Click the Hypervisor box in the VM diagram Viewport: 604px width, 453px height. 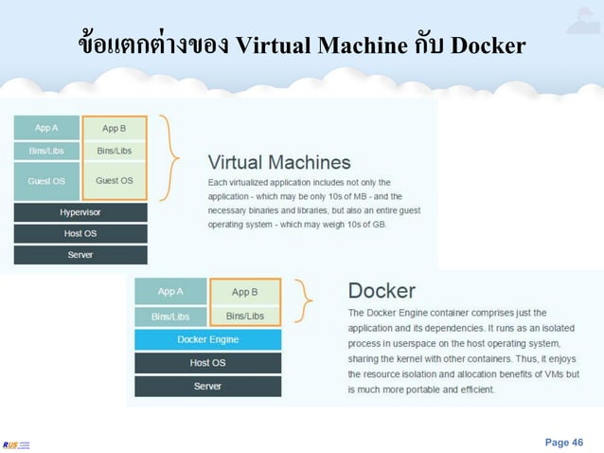click(80, 213)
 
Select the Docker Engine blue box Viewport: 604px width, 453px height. click(207, 339)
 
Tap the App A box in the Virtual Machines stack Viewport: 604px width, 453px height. click(46, 128)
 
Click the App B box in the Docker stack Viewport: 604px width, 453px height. click(244, 292)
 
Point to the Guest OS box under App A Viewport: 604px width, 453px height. click(46, 180)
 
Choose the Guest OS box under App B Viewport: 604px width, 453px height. click(115, 180)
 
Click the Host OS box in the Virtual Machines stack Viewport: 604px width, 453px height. click(80, 234)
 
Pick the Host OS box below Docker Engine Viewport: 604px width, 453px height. click(207, 363)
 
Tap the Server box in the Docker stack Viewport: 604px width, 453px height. click(207, 387)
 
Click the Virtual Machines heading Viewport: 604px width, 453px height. click(279, 162)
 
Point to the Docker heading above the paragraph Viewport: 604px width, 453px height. click(382, 290)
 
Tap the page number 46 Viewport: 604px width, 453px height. click(564, 442)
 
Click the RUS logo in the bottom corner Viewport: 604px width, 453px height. click(16, 444)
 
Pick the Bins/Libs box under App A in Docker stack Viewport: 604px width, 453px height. click(170, 316)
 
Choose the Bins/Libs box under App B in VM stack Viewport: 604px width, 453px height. click(115, 151)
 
